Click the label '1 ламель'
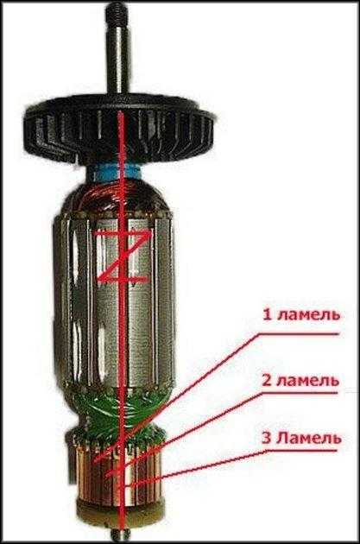pos(301,316)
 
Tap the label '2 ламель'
pos(300,381)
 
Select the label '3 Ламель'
pos(302,439)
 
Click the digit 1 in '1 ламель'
pos(267,316)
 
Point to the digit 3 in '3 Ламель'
pos(267,439)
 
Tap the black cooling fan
pos(119,132)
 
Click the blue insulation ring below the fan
pos(117,173)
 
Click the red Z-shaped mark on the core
pos(124,255)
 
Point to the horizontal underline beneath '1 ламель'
pos(298,334)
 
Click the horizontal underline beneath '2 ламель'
pos(299,393)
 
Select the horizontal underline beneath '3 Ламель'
pos(301,451)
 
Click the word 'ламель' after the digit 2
pos(308,382)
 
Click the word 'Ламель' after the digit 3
pos(309,439)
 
